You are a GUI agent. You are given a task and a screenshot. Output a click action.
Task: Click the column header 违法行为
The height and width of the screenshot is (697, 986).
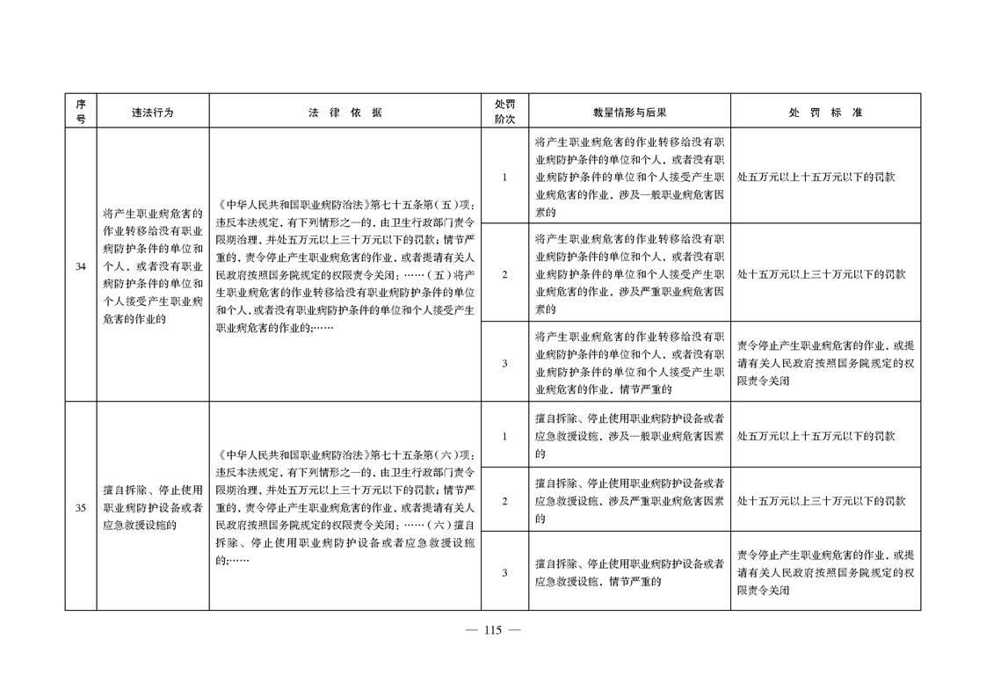coord(152,112)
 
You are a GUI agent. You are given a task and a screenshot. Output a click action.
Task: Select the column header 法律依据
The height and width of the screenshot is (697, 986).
coord(345,112)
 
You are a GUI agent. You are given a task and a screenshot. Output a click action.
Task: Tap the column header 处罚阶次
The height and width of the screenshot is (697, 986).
coord(504,112)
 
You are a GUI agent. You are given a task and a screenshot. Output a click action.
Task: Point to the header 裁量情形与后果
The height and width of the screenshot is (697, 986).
coord(629,112)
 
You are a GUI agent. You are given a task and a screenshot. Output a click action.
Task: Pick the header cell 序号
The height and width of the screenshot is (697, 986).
coord(80,112)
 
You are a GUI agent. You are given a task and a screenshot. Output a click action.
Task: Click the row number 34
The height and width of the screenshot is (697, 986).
coord(80,266)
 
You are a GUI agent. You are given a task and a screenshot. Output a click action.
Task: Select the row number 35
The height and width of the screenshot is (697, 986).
coord(80,507)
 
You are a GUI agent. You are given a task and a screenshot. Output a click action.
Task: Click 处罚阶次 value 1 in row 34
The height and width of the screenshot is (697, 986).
coord(504,177)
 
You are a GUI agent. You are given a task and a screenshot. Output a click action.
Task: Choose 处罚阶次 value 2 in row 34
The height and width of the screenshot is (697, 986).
coord(504,274)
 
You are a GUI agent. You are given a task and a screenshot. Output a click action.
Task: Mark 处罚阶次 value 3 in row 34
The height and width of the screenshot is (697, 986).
coord(504,363)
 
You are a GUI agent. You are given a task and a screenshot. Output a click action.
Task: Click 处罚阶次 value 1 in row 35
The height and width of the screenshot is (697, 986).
coord(504,435)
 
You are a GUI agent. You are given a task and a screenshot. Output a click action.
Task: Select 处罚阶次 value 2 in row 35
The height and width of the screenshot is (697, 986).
coord(504,500)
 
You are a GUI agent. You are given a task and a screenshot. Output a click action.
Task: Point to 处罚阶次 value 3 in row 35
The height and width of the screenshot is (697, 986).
coord(504,572)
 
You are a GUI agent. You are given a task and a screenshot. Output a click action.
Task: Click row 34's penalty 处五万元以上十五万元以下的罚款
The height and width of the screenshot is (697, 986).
coord(816,177)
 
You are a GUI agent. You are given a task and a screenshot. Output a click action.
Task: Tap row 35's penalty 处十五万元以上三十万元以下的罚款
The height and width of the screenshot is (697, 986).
coord(821,500)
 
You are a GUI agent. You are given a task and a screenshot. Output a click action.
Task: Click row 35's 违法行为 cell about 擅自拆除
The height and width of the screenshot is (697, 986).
coord(152,507)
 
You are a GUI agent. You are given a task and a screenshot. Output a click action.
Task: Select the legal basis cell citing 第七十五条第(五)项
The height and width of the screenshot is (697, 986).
coord(345,266)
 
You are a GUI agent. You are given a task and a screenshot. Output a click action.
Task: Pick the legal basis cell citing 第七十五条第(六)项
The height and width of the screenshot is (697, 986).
coord(345,507)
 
